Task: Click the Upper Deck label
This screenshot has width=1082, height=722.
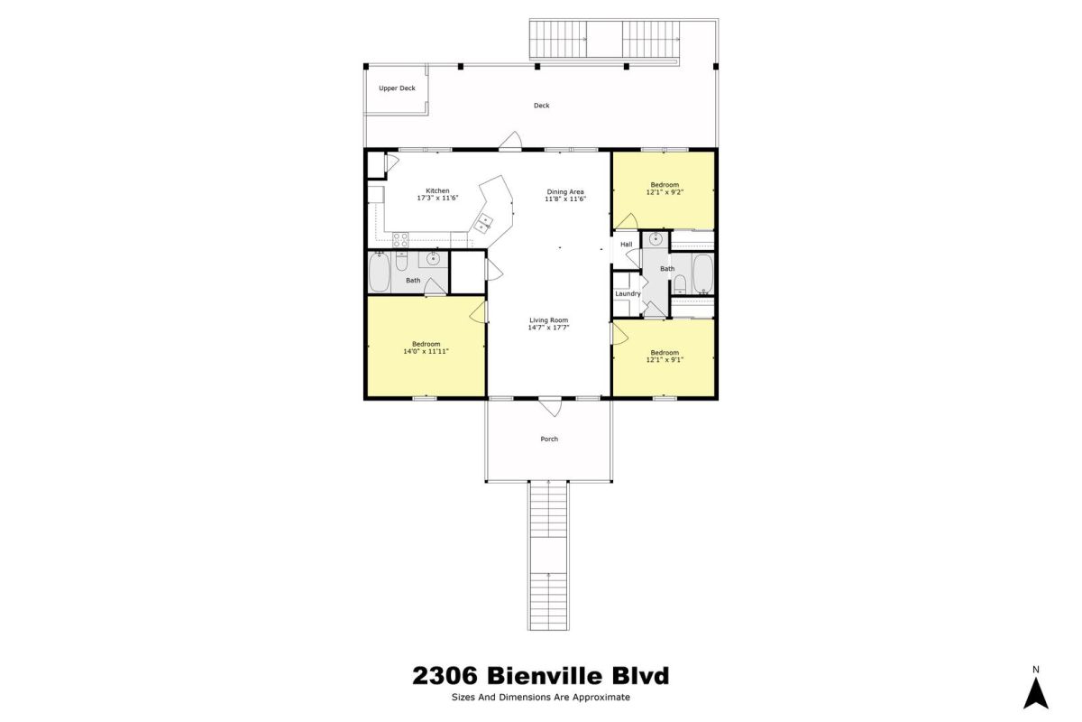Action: (397, 88)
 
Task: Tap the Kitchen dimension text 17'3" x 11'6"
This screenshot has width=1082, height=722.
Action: (437, 198)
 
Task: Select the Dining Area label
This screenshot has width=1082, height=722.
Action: (565, 191)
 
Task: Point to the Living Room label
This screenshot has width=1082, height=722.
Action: (549, 320)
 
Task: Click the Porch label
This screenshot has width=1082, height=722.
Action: (549, 440)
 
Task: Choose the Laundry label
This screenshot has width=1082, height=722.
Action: (628, 293)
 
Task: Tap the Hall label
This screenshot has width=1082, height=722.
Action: (626, 245)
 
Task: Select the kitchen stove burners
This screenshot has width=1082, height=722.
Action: (400, 240)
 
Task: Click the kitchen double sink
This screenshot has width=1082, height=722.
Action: (483, 223)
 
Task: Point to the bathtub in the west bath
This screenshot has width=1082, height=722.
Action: (380, 272)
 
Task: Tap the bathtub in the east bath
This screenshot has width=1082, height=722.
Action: (702, 274)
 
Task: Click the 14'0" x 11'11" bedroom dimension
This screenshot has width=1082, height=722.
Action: (426, 352)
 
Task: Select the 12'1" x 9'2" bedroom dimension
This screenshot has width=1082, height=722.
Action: (665, 192)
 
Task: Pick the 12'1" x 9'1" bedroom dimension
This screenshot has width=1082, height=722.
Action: (665, 360)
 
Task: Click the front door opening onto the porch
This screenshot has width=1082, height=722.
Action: (550, 405)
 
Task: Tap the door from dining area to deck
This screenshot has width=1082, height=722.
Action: (510, 141)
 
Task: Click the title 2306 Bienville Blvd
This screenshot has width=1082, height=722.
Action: (540, 676)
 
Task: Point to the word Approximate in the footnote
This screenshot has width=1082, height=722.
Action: (601, 698)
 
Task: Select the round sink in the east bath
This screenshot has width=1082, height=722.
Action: (655, 238)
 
